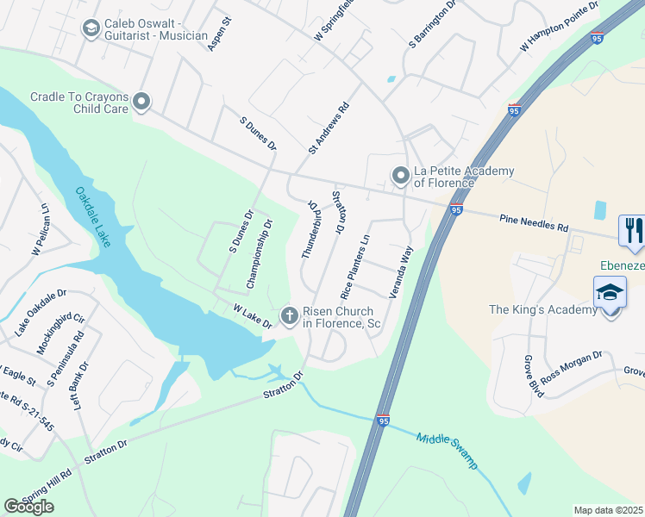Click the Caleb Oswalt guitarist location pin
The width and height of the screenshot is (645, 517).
point(91,29)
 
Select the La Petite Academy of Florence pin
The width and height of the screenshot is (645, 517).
point(400,176)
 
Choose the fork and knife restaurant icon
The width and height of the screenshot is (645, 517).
point(631,229)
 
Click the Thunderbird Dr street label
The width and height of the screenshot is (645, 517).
point(310,230)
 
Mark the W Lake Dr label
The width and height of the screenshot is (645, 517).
point(252,315)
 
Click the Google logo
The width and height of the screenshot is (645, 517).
point(29,507)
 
